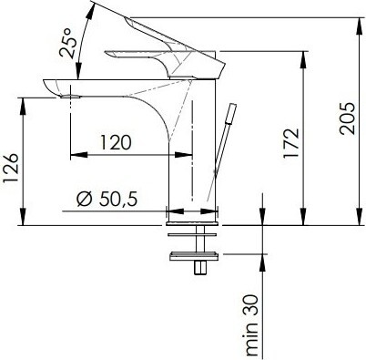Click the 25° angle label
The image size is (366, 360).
point(66,43)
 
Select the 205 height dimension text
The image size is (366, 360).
point(347,118)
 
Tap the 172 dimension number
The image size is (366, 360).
point(291,143)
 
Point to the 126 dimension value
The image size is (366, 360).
point(11,168)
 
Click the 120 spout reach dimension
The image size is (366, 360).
point(116,143)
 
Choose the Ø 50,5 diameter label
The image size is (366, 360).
point(107,199)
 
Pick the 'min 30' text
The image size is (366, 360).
point(252,325)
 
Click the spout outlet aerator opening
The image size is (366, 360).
point(70,97)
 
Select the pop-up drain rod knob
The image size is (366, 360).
point(232,113)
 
